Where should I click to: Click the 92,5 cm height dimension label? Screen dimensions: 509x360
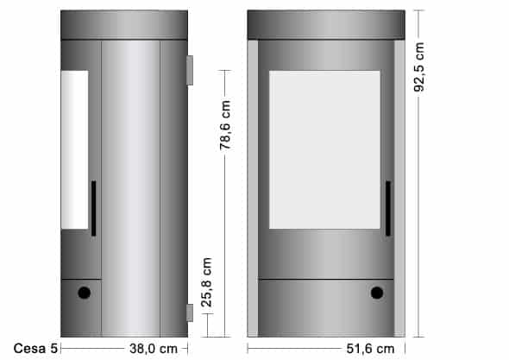[419, 67]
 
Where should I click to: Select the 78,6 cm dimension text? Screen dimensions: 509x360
[225, 125]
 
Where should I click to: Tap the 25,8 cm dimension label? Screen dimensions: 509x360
[207, 282]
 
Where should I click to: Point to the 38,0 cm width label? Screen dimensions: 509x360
[154, 349]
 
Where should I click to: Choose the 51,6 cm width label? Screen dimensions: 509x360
[370, 349]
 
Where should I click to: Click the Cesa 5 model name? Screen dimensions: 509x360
[35, 348]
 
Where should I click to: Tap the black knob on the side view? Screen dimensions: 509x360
[84, 293]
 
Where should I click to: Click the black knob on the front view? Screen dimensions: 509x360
[377, 293]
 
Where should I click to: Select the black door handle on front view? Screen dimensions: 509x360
[388, 208]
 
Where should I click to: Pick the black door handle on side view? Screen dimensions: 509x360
[93, 208]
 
